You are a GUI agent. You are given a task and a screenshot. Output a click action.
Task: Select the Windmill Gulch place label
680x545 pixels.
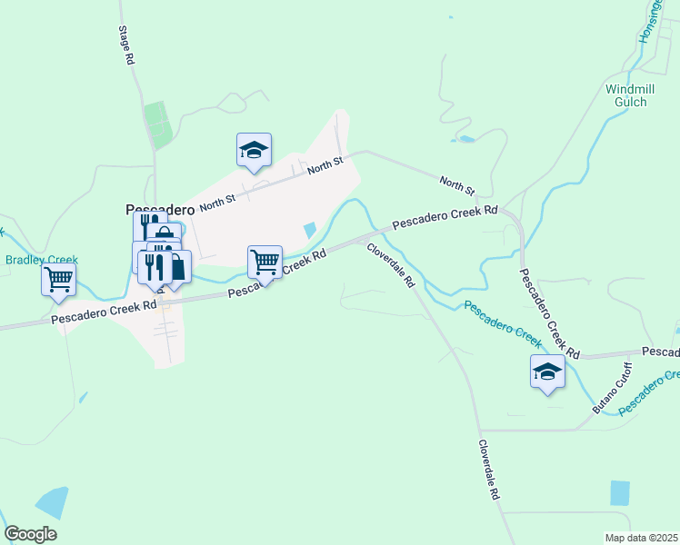tap(625, 95)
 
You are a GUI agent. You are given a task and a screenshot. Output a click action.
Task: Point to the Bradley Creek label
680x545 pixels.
tap(42, 260)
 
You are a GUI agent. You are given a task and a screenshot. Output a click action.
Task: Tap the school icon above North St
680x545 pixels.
tap(255, 151)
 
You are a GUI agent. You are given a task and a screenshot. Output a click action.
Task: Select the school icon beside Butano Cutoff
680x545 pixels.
tap(547, 372)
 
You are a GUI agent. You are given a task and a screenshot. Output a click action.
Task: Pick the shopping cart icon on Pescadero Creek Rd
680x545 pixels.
tap(265, 262)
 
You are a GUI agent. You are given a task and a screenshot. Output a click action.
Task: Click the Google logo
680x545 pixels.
tap(30, 534)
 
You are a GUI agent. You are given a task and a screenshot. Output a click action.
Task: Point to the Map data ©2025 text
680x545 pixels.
tap(641, 538)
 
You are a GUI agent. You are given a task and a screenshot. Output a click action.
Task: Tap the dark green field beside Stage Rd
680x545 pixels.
tap(157, 125)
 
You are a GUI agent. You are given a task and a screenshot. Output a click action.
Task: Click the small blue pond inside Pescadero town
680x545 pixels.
tap(309, 231)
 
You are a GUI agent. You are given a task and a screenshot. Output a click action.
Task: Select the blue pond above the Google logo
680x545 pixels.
tap(52, 501)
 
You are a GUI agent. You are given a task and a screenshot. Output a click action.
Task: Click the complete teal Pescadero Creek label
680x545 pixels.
tap(503, 324)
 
